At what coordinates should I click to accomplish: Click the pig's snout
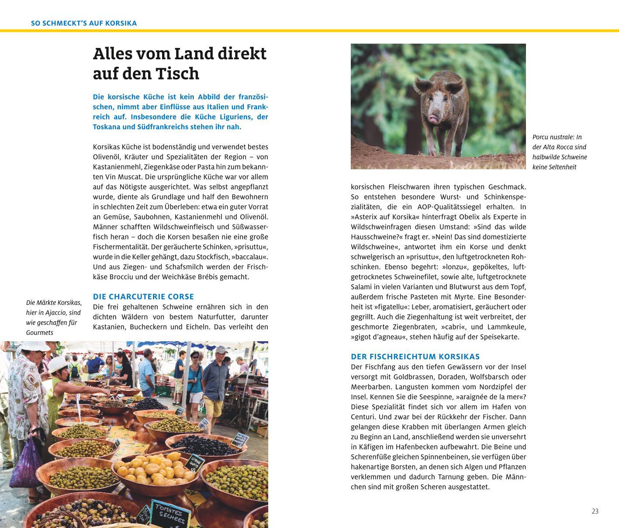coord(433,118)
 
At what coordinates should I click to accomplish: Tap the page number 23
coord(595,511)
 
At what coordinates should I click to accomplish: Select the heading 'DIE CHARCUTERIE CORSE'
coord(143,297)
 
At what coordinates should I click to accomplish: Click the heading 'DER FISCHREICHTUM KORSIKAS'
coord(415,357)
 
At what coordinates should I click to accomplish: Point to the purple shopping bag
coord(26,463)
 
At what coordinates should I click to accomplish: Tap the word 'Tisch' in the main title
coord(177,73)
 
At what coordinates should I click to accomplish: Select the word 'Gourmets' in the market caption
coord(39,333)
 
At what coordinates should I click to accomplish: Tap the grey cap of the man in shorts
coord(221,350)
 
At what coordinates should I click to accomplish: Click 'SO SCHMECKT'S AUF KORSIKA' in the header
coord(84,23)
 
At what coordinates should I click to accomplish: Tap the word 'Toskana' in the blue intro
coord(107,127)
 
